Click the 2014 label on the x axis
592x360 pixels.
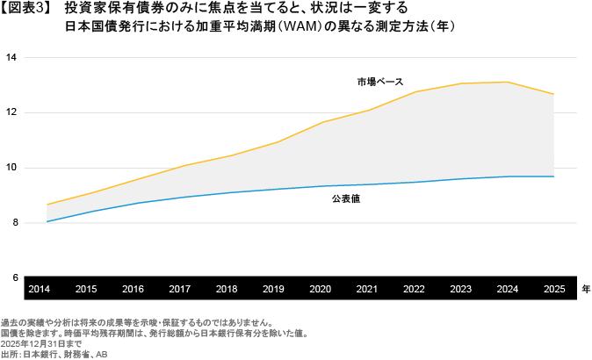(x=38, y=288)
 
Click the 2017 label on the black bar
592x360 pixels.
(x=178, y=288)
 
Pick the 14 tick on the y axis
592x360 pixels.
(x=11, y=58)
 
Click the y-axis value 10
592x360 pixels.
(x=11, y=168)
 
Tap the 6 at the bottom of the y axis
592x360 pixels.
(x=13, y=277)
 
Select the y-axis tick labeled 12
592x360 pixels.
(x=11, y=112)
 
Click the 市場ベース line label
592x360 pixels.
(x=379, y=82)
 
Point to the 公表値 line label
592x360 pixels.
(x=347, y=199)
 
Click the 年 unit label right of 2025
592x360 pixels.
(x=585, y=288)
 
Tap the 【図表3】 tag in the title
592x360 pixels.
(x=27, y=9)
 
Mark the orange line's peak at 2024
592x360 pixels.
(x=506, y=82)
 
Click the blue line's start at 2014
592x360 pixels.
(x=47, y=221)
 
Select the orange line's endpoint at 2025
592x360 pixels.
(x=553, y=94)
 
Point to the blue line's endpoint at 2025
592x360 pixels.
(x=553, y=176)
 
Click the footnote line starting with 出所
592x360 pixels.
(x=53, y=355)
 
